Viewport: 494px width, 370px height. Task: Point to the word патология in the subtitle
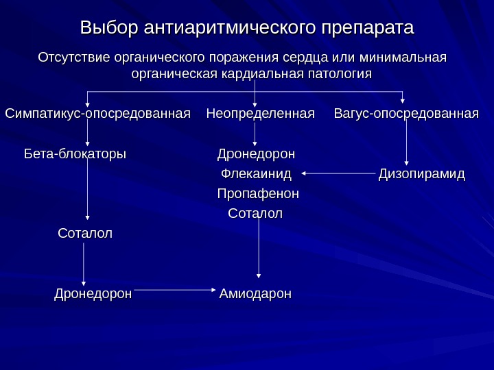click(x=340, y=73)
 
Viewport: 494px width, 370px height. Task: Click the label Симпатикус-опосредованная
click(x=97, y=112)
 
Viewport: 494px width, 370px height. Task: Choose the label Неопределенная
click(x=260, y=112)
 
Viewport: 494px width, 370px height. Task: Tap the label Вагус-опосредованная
click(x=406, y=112)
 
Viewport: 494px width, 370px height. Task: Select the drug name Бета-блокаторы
click(x=75, y=152)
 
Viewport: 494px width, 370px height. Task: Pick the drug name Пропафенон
click(x=258, y=195)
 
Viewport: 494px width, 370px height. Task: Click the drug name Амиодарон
click(x=255, y=294)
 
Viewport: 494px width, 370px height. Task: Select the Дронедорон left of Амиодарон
click(x=93, y=294)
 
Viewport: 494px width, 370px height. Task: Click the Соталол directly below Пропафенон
click(x=255, y=214)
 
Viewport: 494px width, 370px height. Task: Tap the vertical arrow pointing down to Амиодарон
click(x=259, y=249)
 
